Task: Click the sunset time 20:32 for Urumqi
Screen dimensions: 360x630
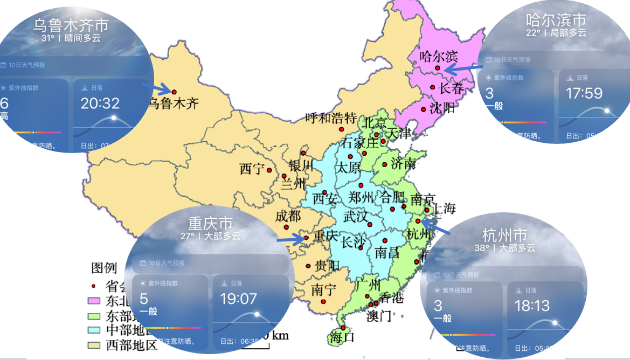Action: pyautogui.click(x=100, y=103)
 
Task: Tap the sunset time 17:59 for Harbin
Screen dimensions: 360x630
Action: pyautogui.click(x=584, y=93)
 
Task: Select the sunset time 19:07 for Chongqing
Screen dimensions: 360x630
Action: pyautogui.click(x=238, y=299)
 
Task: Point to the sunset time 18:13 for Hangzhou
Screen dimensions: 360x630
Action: pyautogui.click(x=532, y=306)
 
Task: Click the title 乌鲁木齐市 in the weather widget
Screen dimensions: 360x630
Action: pyautogui.click(x=71, y=25)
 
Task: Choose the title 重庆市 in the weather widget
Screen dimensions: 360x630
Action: pyautogui.click(x=210, y=223)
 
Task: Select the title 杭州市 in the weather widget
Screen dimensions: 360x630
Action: pyautogui.click(x=504, y=235)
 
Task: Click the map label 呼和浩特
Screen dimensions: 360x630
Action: pyautogui.click(x=331, y=117)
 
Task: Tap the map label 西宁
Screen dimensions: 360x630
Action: pyautogui.click(x=252, y=169)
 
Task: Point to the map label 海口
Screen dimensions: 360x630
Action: pyautogui.click(x=342, y=338)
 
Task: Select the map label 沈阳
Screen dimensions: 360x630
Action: pyautogui.click(x=442, y=108)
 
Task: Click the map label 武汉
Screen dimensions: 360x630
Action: pyautogui.click(x=356, y=217)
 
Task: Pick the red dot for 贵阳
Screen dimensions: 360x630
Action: pyautogui.click(x=308, y=266)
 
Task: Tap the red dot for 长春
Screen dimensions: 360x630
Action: pyautogui.click(x=432, y=87)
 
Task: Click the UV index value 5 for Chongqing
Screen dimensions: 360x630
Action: pyautogui.click(x=144, y=298)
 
